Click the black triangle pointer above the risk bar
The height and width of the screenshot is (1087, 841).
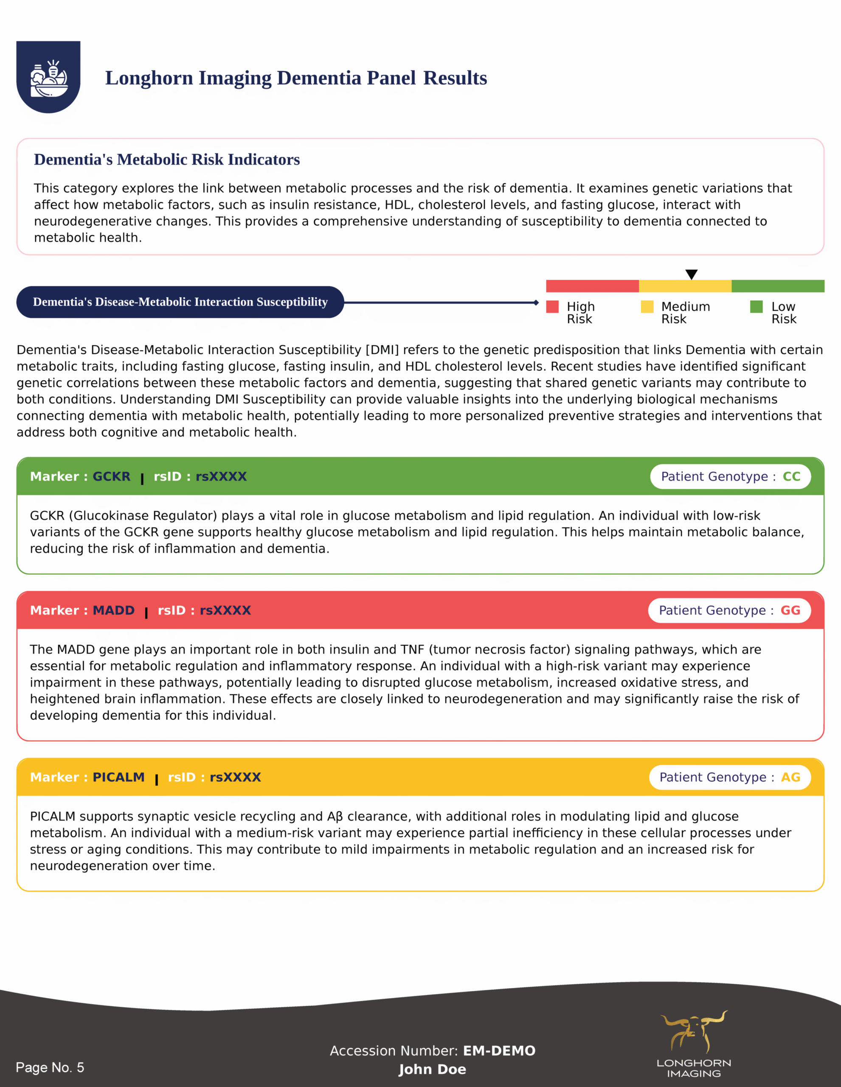691,274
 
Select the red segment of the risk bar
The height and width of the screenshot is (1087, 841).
592,286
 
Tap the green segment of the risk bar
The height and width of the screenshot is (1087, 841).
778,286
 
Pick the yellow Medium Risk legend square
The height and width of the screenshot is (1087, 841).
647,307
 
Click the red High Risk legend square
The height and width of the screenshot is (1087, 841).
552,307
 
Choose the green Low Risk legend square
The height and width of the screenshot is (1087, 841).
757,307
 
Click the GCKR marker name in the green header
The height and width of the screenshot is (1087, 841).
112,476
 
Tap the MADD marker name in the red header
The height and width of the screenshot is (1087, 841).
113,610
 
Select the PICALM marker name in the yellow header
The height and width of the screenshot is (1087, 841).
118,777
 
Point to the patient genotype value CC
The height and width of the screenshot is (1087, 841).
791,476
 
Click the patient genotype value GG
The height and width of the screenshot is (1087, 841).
790,610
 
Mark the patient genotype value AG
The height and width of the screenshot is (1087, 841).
790,777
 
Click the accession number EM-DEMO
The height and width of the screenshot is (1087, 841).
499,1050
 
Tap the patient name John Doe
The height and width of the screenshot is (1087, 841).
432,1069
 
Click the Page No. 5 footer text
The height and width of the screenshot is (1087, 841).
50,1067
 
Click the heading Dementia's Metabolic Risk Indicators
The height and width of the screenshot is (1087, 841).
167,159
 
